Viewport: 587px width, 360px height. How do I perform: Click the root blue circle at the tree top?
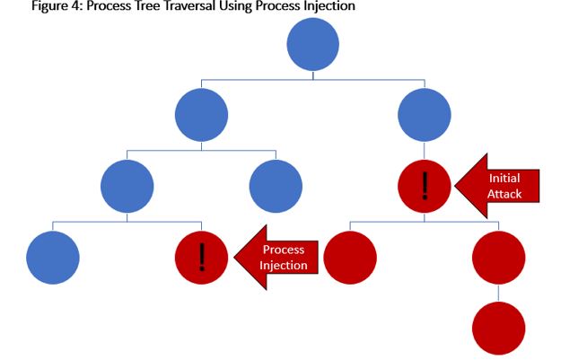(313, 44)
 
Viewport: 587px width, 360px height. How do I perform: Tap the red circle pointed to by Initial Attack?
(425, 186)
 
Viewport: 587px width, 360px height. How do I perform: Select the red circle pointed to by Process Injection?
(201, 258)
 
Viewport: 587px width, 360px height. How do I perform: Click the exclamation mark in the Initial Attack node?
(425, 186)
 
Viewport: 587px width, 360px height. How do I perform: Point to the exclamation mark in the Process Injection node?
(202, 257)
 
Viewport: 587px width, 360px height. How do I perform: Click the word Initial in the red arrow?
(504, 178)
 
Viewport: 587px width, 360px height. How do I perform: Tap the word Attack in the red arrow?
(504, 194)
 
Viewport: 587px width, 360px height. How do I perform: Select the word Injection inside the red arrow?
(284, 265)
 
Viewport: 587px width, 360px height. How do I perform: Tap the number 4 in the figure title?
(77, 6)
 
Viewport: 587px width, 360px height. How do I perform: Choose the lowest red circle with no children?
(498, 329)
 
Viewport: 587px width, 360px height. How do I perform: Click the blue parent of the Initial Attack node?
(425, 115)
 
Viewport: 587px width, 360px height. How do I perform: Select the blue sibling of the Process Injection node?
(53, 258)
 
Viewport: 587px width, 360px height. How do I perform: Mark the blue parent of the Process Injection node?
(127, 186)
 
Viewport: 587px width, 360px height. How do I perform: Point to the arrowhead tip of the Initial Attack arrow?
(455, 186)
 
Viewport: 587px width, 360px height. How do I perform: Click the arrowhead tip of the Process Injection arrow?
(234, 258)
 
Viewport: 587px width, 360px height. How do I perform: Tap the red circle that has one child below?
(498, 258)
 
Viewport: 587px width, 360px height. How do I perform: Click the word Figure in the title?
(49, 6)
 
